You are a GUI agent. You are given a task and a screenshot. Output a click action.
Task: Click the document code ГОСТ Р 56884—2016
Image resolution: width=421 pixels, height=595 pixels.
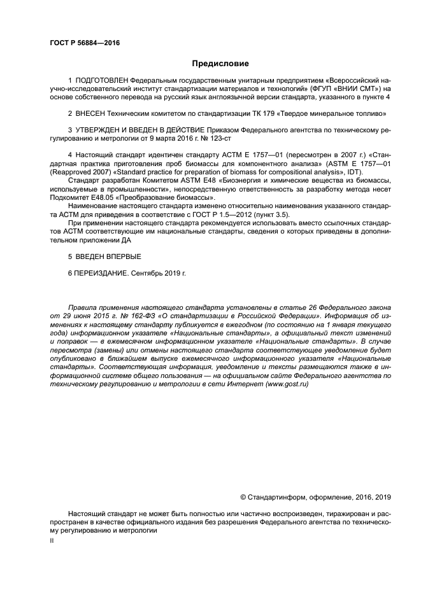84,43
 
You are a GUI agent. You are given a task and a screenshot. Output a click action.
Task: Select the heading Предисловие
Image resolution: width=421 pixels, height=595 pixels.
221,64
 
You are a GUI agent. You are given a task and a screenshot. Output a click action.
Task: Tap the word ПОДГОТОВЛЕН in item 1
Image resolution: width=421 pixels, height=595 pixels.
101,81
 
